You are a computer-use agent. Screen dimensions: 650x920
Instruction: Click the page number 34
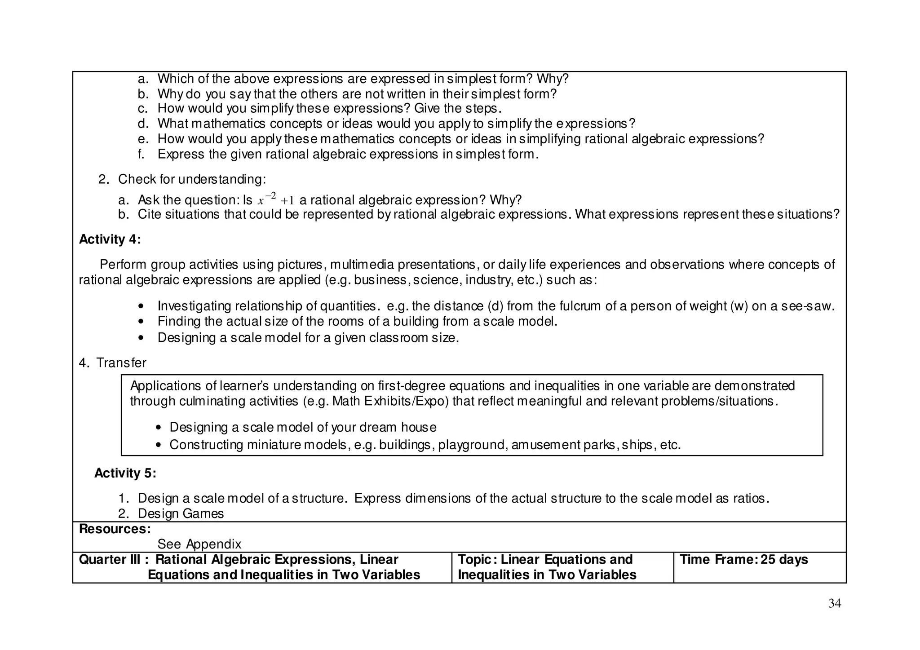pyautogui.click(x=834, y=604)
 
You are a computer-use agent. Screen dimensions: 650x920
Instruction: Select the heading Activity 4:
pyautogui.click(x=110, y=239)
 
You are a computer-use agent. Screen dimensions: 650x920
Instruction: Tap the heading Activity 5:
pyautogui.click(x=125, y=473)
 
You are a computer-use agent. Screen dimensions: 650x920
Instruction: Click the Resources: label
pyautogui.click(x=115, y=529)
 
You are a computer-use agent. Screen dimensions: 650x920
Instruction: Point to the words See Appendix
pyautogui.click(x=199, y=544)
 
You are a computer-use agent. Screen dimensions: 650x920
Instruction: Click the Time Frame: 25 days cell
pyautogui.click(x=743, y=560)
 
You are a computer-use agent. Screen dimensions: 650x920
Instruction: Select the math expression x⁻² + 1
pyautogui.click(x=275, y=199)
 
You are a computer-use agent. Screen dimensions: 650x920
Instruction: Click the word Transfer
pyautogui.click(x=121, y=363)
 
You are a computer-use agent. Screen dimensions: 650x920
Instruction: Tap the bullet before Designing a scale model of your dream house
pyautogui.click(x=158, y=428)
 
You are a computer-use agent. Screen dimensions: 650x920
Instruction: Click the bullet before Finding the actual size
pyautogui.click(x=142, y=322)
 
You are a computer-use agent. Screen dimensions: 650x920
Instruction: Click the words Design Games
pyautogui.click(x=181, y=514)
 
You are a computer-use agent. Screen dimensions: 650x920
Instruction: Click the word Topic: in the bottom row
pyautogui.click(x=477, y=560)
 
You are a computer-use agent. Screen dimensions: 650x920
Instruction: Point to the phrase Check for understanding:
pyautogui.click(x=192, y=180)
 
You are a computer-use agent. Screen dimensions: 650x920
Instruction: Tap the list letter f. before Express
pyautogui.click(x=141, y=155)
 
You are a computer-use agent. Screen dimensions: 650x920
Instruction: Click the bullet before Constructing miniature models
pyautogui.click(x=158, y=445)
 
